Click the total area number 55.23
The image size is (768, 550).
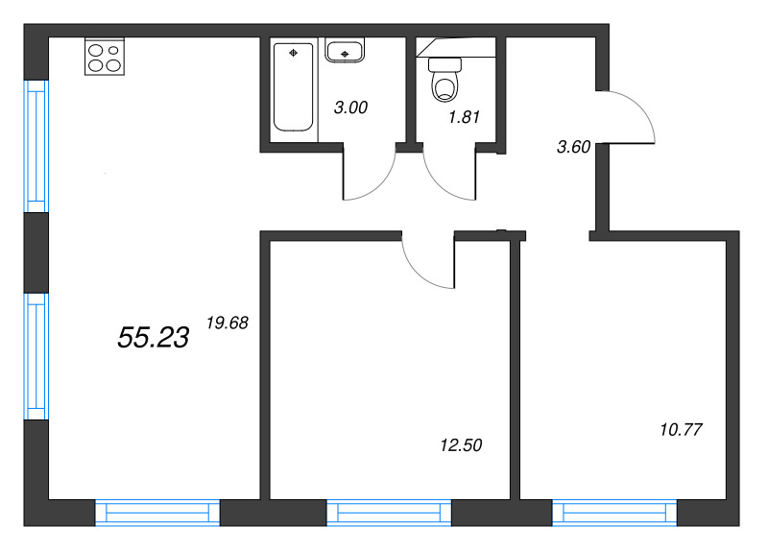tap(153, 336)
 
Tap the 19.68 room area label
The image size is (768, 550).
tap(228, 323)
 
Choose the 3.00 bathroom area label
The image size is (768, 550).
tap(349, 108)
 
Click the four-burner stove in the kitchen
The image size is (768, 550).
tap(105, 57)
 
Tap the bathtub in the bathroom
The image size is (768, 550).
tap(293, 86)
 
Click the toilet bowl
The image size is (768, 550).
tap(444, 80)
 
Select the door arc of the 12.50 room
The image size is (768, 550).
tap(428, 261)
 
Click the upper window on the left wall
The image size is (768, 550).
tap(36, 146)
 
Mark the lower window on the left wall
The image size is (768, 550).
tap(36, 355)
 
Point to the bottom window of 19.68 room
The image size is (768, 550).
tap(157, 513)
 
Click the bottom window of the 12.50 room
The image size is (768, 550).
tap(389, 513)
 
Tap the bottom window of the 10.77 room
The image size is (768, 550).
tap(614, 513)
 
